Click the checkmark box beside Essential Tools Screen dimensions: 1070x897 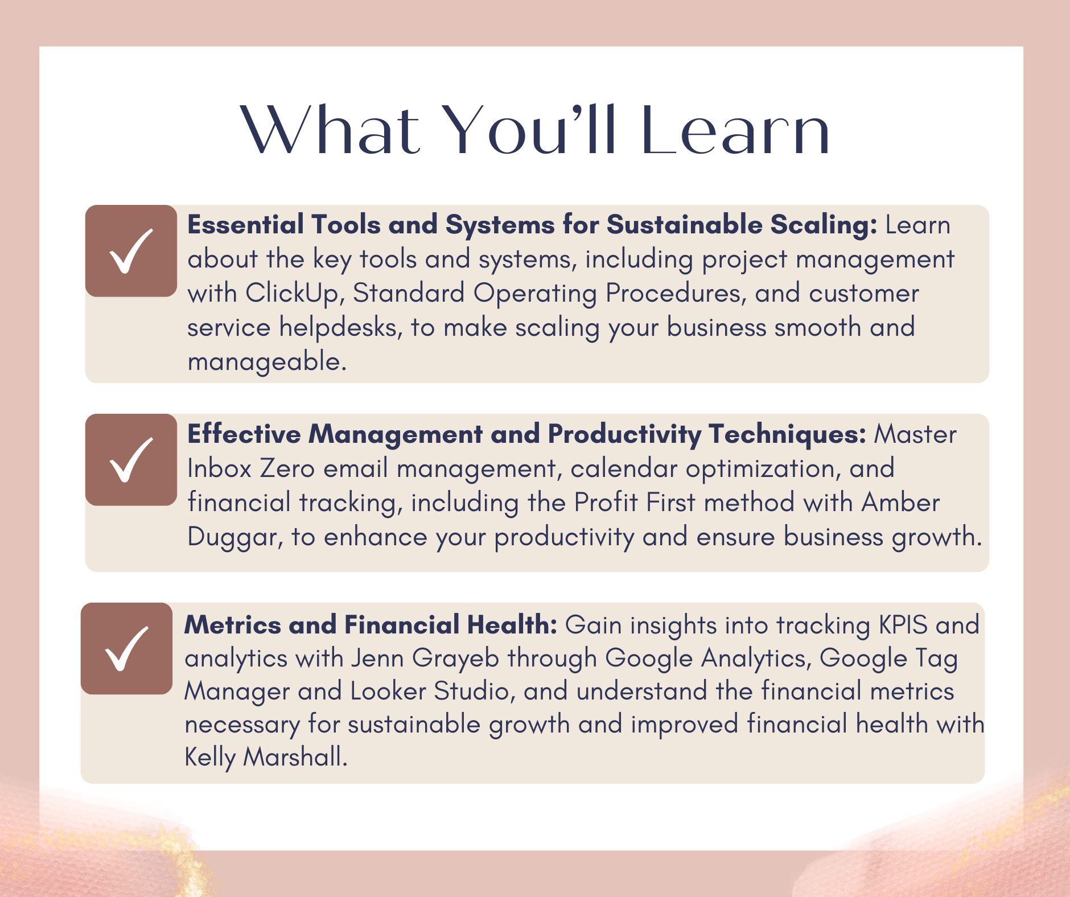(x=131, y=251)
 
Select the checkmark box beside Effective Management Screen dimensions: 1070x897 (x=131, y=460)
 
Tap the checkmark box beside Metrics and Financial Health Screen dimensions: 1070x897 (x=126, y=648)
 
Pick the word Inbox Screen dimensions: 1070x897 (x=220, y=468)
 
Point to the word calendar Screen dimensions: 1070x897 (x=624, y=468)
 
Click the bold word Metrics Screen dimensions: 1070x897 (x=233, y=624)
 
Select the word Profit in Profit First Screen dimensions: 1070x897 (x=606, y=503)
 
